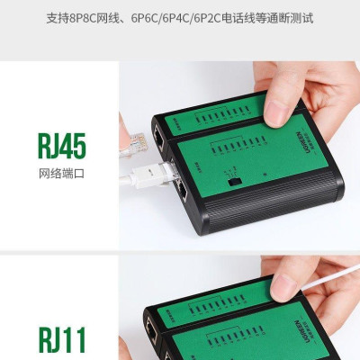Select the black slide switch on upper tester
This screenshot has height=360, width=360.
(x=232, y=183)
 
